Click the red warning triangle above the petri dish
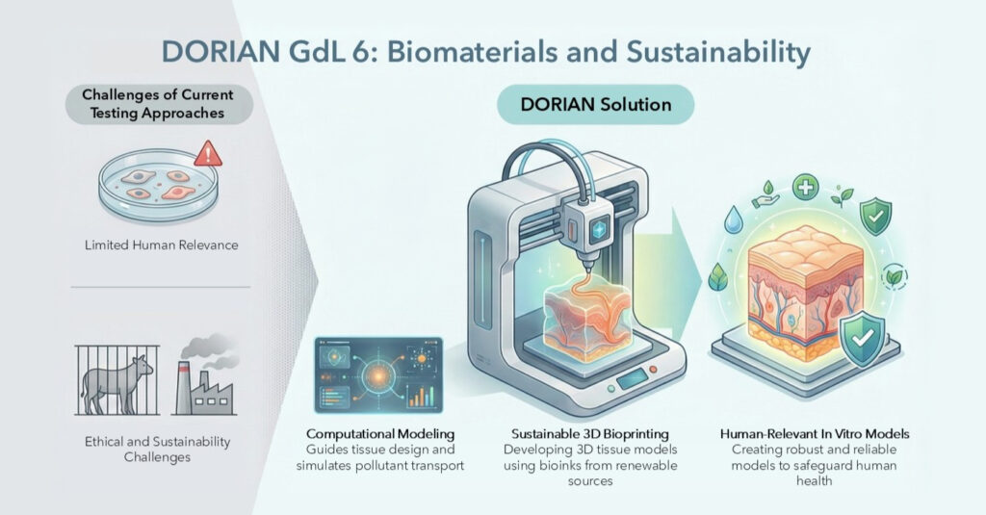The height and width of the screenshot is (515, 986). click(x=208, y=154)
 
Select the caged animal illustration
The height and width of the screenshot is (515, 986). click(x=117, y=380)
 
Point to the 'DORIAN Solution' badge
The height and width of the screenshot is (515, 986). click(x=595, y=104)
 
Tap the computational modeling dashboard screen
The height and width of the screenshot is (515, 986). click(x=378, y=375)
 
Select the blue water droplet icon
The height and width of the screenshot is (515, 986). click(x=733, y=220)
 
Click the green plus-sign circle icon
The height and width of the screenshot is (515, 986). click(x=805, y=188)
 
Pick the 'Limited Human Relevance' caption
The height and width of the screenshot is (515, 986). click(x=162, y=245)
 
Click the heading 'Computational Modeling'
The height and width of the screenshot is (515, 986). click(x=379, y=434)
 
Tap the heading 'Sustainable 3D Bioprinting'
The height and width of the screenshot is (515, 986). click(x=590, y=434)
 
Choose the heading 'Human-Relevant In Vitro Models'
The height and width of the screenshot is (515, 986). click(x=815, y=434)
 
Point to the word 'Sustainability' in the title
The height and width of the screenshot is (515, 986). click(x=718, y=53)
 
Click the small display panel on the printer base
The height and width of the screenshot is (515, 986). click(x=632, y=378)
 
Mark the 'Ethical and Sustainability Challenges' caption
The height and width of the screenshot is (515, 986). click(x=157, y=449)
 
